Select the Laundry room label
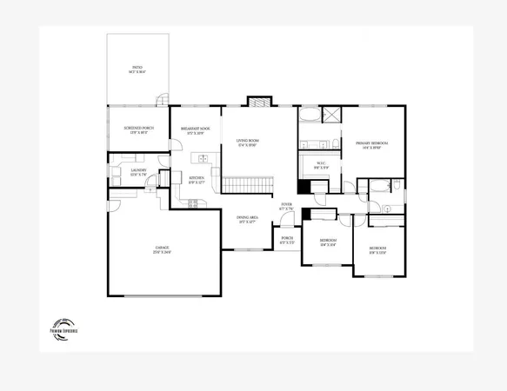coord(138,172)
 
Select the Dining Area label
coord(248,221)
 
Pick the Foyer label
coord(285,207)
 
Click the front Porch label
coord(286,240)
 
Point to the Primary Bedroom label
coord(370,144)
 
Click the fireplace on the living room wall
coord(259,102)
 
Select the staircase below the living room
coord(248,184)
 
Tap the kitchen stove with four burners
coord(195,203)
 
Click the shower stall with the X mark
coord(330,114)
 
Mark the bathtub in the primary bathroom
coord(310,114)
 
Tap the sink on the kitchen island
coord(203,159)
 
